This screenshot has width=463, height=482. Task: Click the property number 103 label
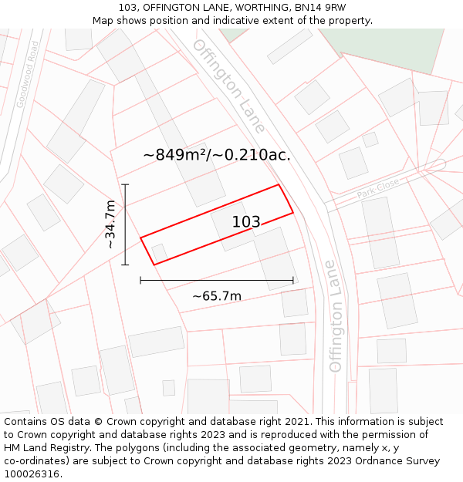[246, 222]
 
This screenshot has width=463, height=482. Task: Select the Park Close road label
[378, 188]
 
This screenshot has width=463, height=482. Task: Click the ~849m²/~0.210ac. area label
[217, 154]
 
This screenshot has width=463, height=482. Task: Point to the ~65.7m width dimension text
[217, 295]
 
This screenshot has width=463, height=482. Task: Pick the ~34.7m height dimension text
[110, 224]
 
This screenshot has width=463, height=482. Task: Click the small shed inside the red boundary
[160, 252]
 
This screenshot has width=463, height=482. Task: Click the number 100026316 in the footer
[32, 474]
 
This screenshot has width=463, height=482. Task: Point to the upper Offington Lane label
[229, 85]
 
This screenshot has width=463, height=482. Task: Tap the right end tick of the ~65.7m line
[293, 280]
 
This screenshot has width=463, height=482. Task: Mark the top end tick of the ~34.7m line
[125, 184]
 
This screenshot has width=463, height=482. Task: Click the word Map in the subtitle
[103, 21]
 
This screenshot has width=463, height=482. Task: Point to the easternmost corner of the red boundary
[293, 213]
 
